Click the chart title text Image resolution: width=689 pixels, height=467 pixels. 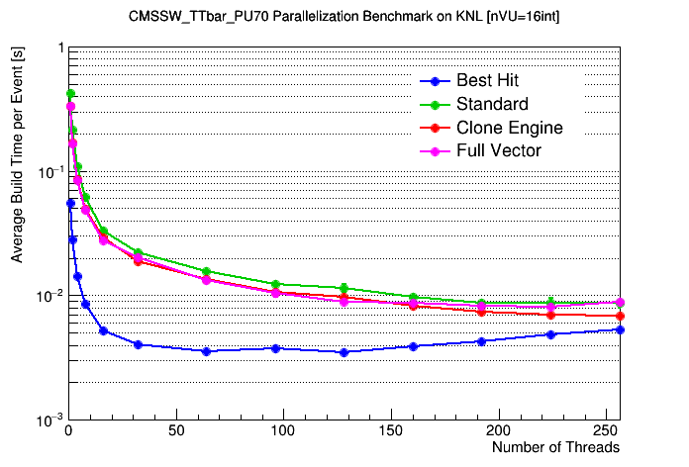point(344,18)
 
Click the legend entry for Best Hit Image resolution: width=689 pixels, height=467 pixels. point(486,81)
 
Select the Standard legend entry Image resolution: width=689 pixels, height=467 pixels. point(492,105)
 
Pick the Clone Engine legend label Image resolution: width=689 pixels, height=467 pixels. point(509,128)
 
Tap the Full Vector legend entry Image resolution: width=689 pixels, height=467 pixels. point(498,151)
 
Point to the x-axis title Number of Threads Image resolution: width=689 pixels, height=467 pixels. point(555,448)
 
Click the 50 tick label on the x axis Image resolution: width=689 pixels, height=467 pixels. point(175,432)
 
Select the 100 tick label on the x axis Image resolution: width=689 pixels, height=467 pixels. point(283,432)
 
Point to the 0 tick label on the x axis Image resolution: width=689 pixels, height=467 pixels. point(67,432)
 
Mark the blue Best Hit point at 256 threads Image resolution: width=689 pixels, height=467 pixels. point(620,329)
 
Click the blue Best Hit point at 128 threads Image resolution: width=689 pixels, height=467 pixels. point(344,352)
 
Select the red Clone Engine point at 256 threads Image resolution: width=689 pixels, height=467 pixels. point(620,316)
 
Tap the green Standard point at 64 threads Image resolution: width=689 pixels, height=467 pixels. point(206,271)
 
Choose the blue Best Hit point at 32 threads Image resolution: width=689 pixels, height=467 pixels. point(138,344)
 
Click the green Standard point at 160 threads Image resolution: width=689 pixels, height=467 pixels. point(413,298)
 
